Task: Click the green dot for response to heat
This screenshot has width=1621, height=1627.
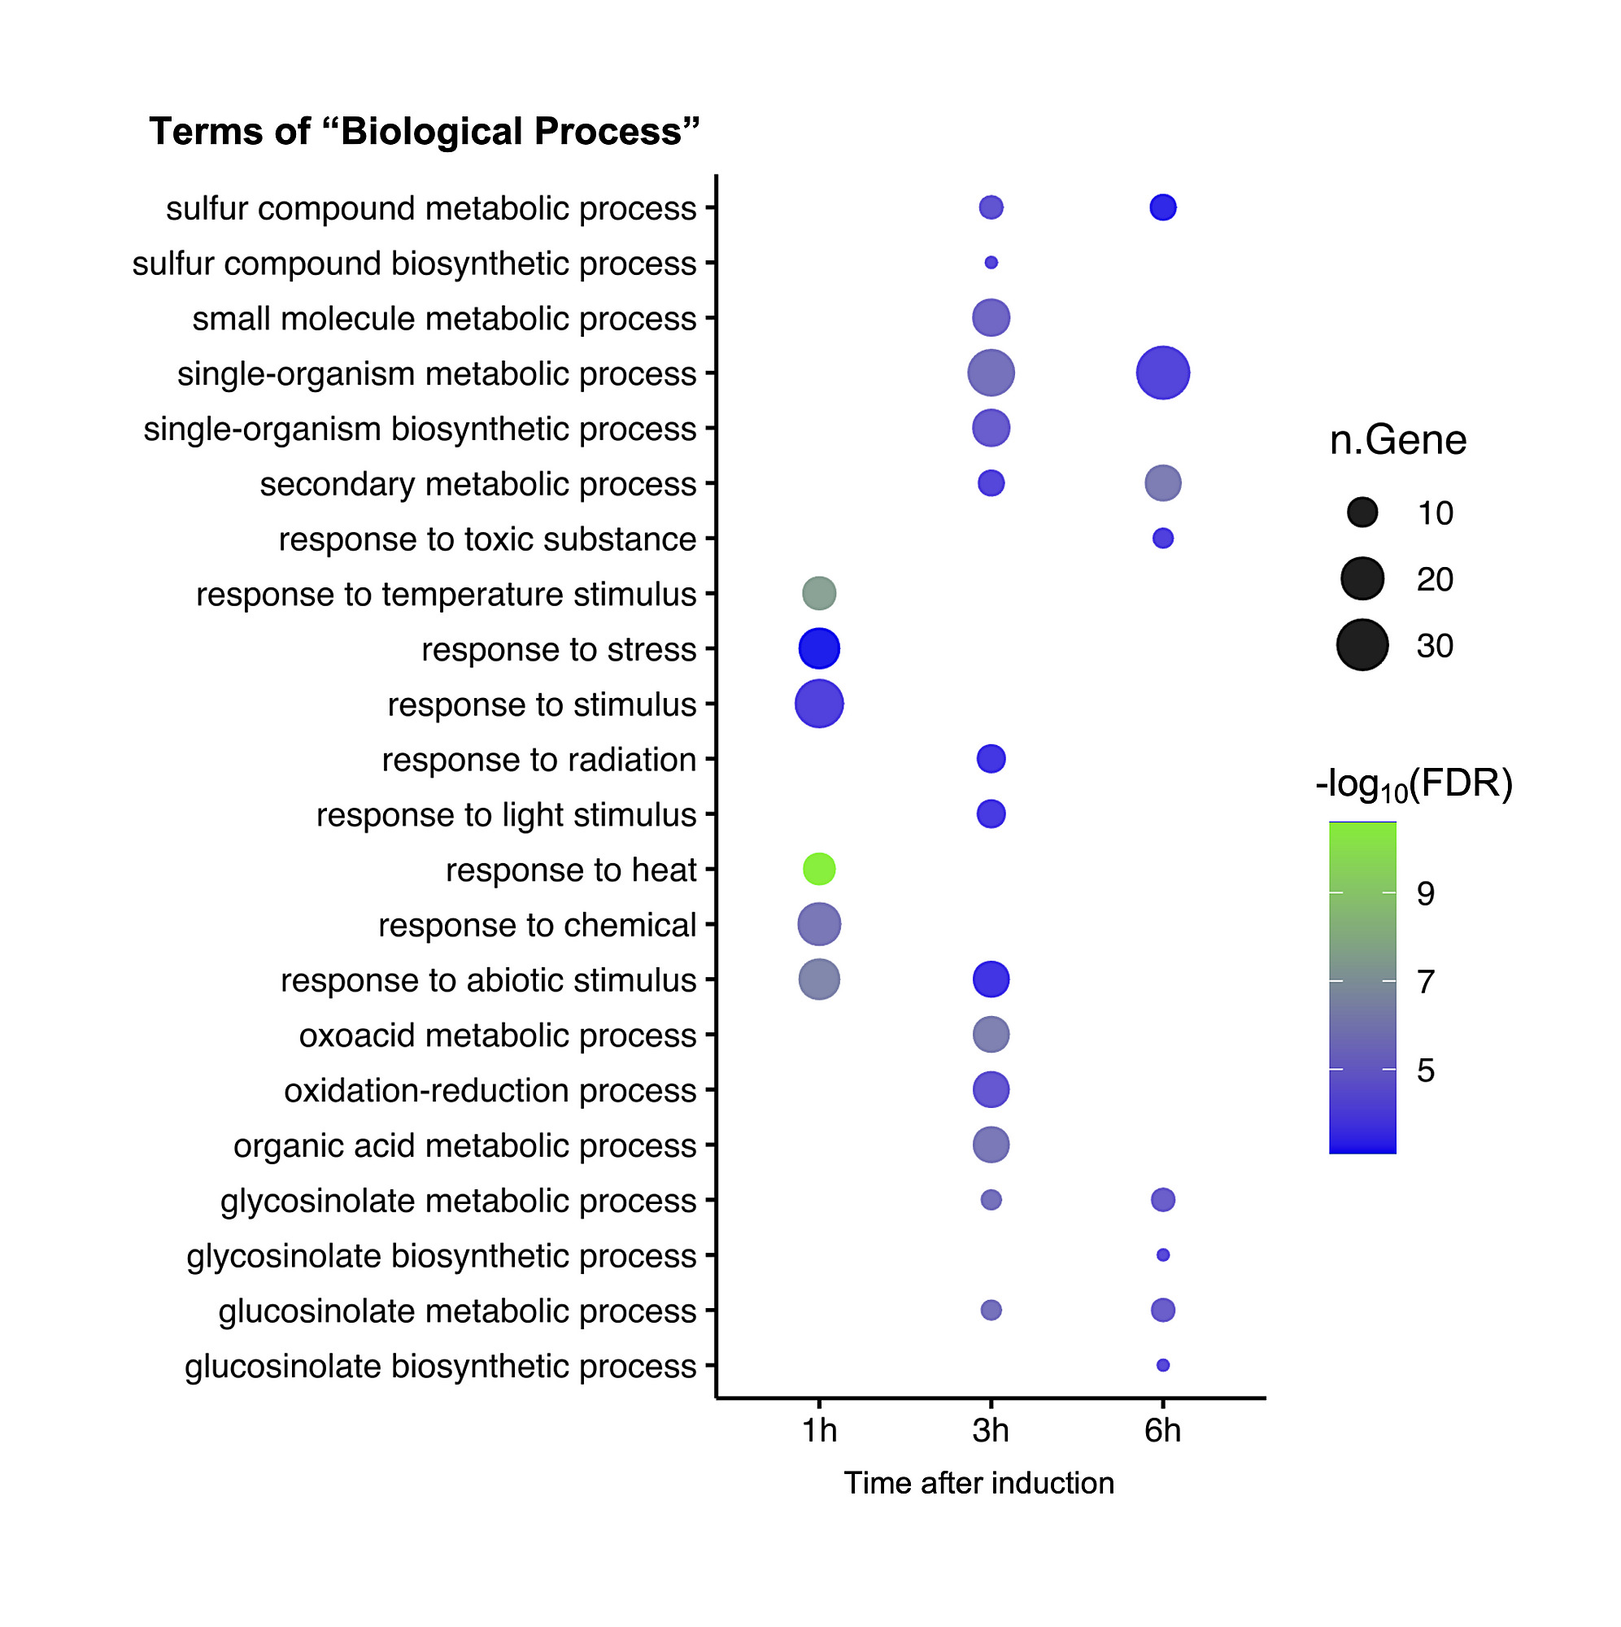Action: pos(818,869)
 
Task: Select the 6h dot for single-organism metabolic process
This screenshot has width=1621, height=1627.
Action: pos(1162,373)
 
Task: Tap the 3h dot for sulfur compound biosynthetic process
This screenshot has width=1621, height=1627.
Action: pos(991,263)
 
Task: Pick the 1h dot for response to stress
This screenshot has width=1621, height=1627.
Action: pos(818,648)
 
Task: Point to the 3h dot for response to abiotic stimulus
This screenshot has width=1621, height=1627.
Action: pos(991,979)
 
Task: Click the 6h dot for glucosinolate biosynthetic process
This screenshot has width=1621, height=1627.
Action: pos(1162,1365)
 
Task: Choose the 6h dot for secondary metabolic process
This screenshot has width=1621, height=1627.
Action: pos(1162,483)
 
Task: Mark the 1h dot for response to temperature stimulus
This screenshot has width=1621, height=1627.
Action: pos(818,594)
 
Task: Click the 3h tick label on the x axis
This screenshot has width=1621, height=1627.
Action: pos(991,1431)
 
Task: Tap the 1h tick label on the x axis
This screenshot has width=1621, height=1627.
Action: pos(818,1431)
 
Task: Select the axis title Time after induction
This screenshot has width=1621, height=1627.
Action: pos(978,1483)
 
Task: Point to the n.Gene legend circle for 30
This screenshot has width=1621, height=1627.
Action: pos(1362,645)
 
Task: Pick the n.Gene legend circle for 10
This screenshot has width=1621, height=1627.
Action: pos(1362,512)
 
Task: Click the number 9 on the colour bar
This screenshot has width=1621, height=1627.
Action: pos(1425,893)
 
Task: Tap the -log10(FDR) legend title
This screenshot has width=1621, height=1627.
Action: pos(1414,784)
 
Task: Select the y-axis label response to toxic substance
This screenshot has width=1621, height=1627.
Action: pos(486,539)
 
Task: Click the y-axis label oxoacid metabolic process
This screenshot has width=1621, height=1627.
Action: pos(497,1035)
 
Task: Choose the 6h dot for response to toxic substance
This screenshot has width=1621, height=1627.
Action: pos(1162,538)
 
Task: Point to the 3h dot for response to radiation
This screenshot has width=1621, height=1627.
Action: pos(991,759)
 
